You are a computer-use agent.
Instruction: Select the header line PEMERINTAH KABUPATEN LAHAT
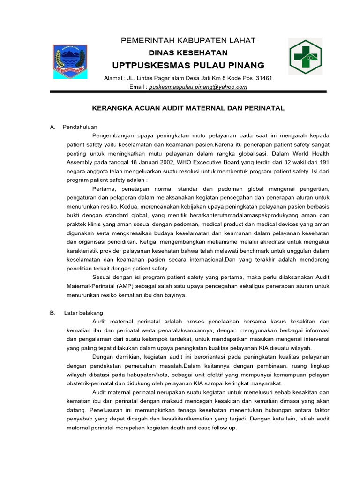(188, 41)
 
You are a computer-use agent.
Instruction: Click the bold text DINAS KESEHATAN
(188, 53)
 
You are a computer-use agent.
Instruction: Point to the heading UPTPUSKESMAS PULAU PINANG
(188, 65)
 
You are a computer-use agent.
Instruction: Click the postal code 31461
(264, 78)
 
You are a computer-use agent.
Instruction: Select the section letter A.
(52, 127)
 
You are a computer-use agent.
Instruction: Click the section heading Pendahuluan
(80, 127)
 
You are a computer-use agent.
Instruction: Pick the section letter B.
(52, 312)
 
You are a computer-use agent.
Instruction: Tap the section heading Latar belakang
(83, 312)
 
